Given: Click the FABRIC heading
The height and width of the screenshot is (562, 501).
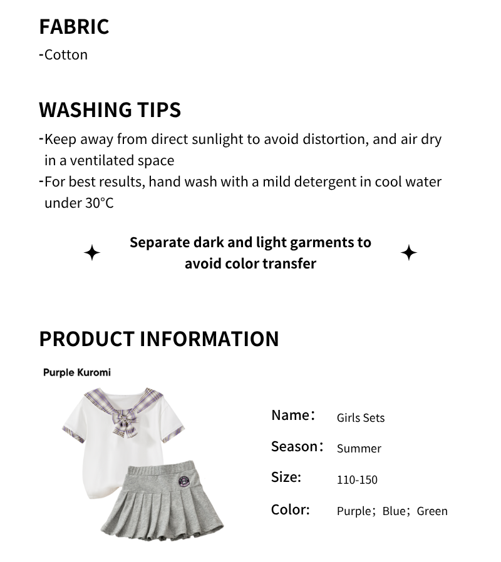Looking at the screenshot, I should coord(74,27).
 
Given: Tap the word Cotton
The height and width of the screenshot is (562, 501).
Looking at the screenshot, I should coord(66,55).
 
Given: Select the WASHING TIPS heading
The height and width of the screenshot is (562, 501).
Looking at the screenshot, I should coord(110,110).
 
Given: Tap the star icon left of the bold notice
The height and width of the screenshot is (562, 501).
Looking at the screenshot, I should coord(92,253).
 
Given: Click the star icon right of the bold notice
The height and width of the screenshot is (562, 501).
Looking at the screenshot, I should coord(409,253).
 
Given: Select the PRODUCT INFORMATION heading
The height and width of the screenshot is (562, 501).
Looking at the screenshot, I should coord(159,339).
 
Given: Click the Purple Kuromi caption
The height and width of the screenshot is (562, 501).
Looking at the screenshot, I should coord(76,372).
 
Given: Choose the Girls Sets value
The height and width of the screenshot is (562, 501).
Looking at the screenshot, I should coord(361,417).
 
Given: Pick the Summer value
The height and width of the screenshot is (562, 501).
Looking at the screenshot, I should coord(359,449).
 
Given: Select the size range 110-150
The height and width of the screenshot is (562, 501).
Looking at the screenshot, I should coord(357,480).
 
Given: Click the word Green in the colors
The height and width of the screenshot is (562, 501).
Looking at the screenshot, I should coord(432,511).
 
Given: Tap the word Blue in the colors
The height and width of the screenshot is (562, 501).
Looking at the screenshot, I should coord(394,511).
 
